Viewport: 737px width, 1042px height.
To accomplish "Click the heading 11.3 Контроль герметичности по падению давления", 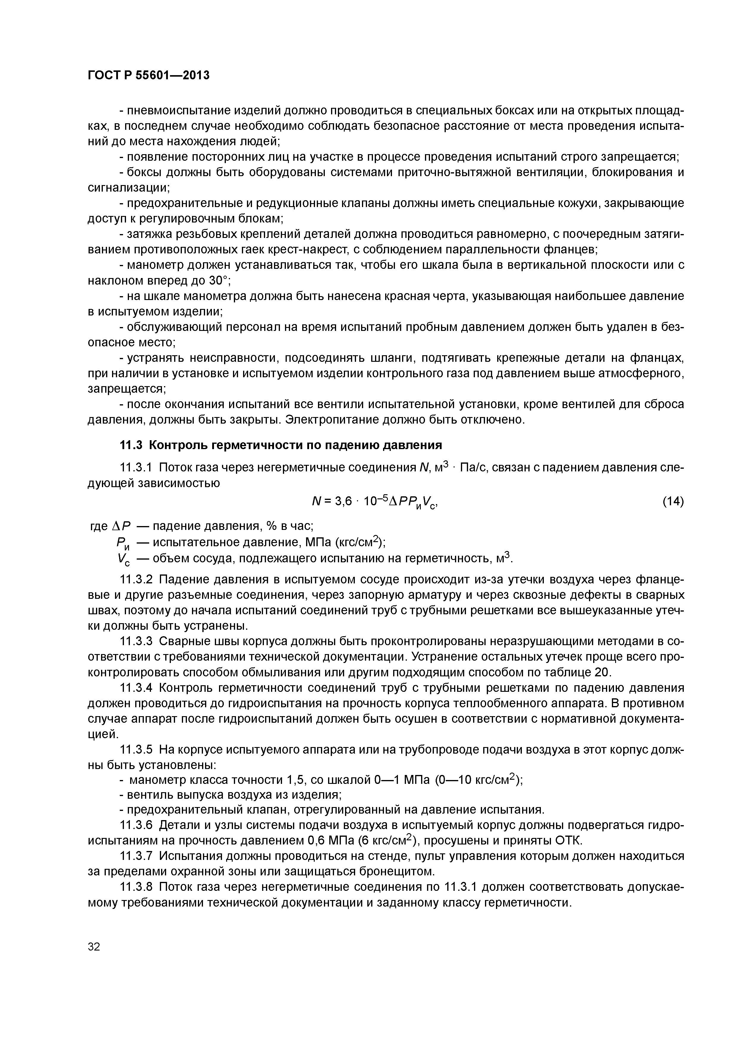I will (x=281, y=445).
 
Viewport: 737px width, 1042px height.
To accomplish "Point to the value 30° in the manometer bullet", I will (x=219, y=281).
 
